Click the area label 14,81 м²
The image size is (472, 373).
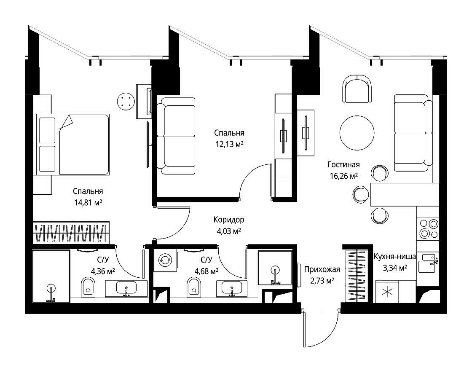[88, 203]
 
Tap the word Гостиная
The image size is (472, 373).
[343, 165]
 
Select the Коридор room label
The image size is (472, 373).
[229, 220]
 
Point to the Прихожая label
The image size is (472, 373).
[322, 269]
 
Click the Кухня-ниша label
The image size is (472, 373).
[394, 257]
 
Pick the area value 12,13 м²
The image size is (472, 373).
[229, 144]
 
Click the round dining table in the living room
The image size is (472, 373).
[357, 133]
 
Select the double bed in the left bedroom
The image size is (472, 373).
[71, 144]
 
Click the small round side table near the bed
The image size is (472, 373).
[126, 101]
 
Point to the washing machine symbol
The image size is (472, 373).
[165, 260]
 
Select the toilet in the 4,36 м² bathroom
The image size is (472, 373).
[88, 287]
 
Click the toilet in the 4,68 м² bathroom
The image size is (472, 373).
[194, 287]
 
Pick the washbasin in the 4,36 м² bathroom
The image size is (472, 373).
[126, 288]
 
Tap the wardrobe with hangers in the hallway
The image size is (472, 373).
[357, 276]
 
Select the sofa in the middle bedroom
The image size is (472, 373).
[176, 136]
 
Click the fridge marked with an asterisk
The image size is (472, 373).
[387, 292]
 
